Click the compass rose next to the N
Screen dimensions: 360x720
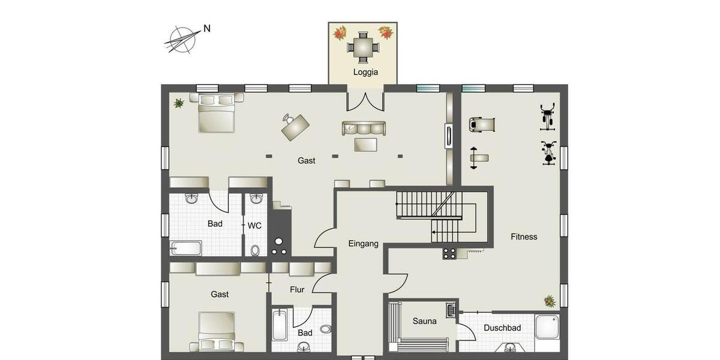[x=182, y=39]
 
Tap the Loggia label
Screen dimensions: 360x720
[x=365, y=72]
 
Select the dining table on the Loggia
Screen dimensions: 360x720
[x=362, y=46]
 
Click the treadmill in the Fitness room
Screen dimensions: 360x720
[x=482, y=124]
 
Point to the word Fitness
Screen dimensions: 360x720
[x=524, y=236]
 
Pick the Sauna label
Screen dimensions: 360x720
[x=424, y=321]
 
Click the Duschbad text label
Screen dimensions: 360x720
[x=502, y=328]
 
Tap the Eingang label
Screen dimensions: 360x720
[x=363, y=244]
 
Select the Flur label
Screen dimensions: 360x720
[x=297, y=290]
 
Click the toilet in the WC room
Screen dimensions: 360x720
[x=256, y=250]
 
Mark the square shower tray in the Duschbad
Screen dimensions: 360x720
[x=547, y=327]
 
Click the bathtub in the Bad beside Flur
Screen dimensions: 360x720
[x=280, y=325]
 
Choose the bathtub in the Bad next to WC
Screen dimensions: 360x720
[x=185, y=248]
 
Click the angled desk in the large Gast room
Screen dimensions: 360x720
[x=295, y=126]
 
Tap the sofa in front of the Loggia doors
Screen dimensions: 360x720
[x=364, y=128]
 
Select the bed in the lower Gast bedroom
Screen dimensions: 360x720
[x=216, y=332]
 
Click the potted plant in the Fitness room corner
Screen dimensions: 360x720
[x=549, y=301]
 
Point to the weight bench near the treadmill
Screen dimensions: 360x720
[x=478, y=158]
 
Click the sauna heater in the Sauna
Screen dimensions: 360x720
[x=451, y=310]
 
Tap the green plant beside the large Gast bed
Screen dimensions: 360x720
[x=178, y=103]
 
